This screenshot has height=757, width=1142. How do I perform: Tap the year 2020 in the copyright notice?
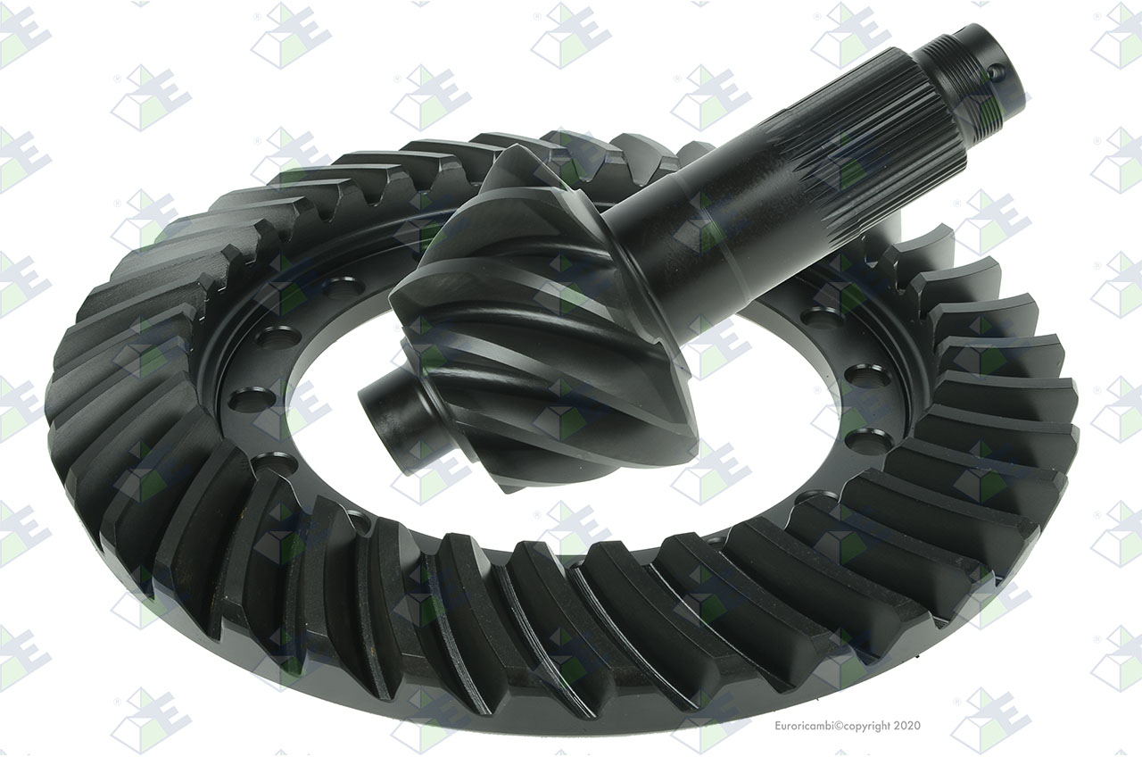click(x=907, y=726)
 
